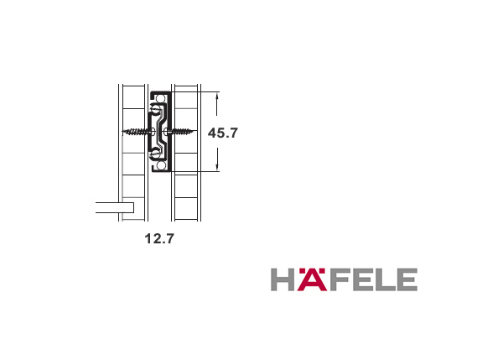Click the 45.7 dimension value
(x=223, y=133)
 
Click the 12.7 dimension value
(x=159, y=238)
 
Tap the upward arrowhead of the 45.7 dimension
(x=217, y=96)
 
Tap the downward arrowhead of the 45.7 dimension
(x=217, y=167)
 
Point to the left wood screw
(x=136, y=132)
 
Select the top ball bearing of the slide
(x=161, y=98)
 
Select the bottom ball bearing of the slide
(x=161, y=165)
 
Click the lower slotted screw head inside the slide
(x=156, y=154)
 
